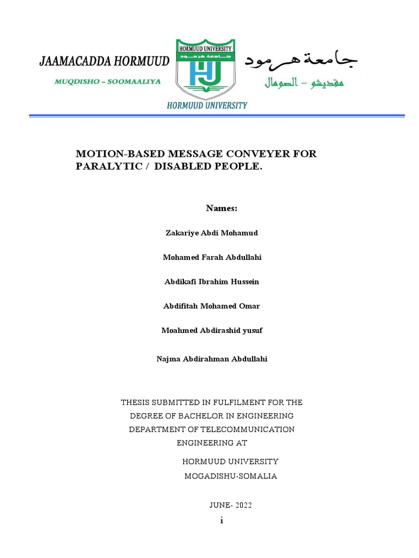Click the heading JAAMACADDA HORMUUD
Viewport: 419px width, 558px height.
(104, 61)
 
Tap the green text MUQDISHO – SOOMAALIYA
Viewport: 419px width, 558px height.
(100, 81)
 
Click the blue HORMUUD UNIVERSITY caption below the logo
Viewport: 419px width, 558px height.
(207, 105)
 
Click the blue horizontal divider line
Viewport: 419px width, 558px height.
(217, 116)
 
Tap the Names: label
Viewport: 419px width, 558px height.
(222, 208)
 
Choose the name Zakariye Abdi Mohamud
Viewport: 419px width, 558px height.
(211, 233)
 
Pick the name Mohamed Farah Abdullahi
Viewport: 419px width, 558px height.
(212, 257)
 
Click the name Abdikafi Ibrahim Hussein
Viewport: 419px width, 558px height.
(212, 282)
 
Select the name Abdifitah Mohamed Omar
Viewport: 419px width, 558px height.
(212, 306)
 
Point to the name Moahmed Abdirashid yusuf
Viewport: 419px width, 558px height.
(212, 331)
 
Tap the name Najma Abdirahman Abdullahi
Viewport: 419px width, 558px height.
(212, 359)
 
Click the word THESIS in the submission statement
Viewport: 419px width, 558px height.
(135, 403)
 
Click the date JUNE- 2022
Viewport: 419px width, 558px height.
(230, 505)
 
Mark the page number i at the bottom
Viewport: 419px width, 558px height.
(222, 520)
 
